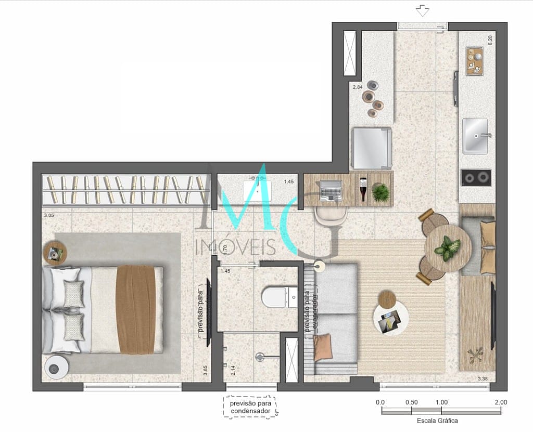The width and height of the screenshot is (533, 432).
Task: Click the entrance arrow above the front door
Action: point(422,11)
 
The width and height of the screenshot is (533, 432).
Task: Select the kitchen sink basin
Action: point(475,136)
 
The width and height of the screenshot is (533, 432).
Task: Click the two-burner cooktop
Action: point(476,178)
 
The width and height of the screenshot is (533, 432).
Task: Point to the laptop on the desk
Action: point(331,190)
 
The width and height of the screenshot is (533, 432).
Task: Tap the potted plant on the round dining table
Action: point(447,248)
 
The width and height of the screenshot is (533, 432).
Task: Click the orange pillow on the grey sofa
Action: point(323,347)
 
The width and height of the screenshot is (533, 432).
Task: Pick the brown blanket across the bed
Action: point(136,309)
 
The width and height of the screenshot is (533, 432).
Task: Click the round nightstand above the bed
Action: point(55,253)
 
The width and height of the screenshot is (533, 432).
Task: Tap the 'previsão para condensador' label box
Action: point(250,407)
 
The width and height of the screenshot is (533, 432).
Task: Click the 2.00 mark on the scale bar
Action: point(501,402)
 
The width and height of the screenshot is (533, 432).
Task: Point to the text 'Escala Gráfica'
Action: point(437,421)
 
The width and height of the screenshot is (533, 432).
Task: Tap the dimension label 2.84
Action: point(358,87)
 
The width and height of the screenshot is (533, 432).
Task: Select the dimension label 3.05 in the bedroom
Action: point(49,215)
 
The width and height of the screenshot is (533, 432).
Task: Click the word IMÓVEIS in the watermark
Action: point(235,247)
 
